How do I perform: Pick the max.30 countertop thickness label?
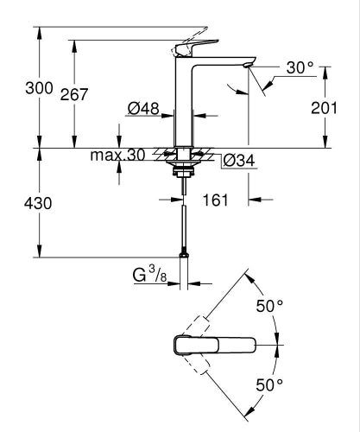(119, 156)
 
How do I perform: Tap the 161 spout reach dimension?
(217, 200)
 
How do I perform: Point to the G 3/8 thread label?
(150, 277)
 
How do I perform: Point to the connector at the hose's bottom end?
(184, 254)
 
